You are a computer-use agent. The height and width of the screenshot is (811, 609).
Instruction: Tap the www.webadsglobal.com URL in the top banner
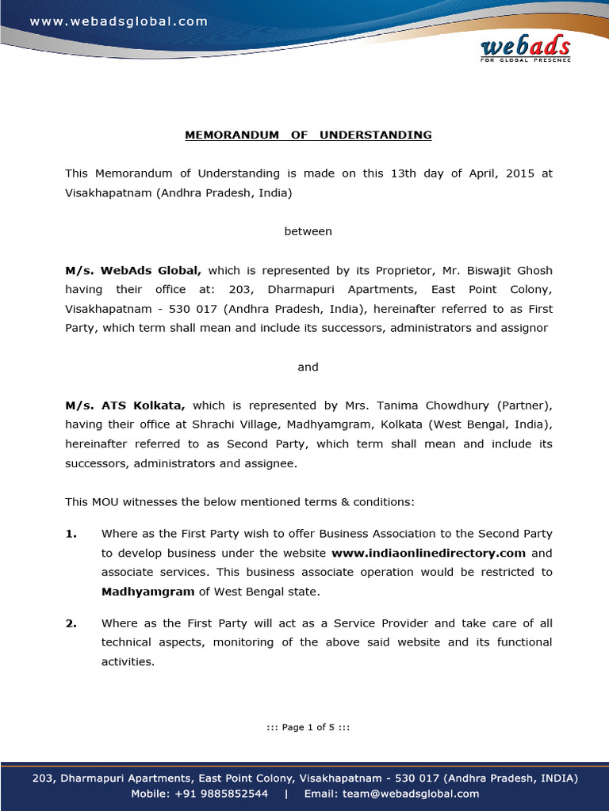[119, 21]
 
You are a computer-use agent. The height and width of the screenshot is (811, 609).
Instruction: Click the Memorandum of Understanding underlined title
[308, 135]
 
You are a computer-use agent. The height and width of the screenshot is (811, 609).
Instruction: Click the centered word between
[308, 231]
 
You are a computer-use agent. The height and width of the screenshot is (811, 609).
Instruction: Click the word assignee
[270, 463]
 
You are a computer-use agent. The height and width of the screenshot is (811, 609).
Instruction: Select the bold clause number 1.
[71, 534]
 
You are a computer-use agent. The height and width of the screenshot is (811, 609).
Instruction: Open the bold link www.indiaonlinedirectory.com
[428, 553]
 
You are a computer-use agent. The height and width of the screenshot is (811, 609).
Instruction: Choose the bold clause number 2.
[71, 623]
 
